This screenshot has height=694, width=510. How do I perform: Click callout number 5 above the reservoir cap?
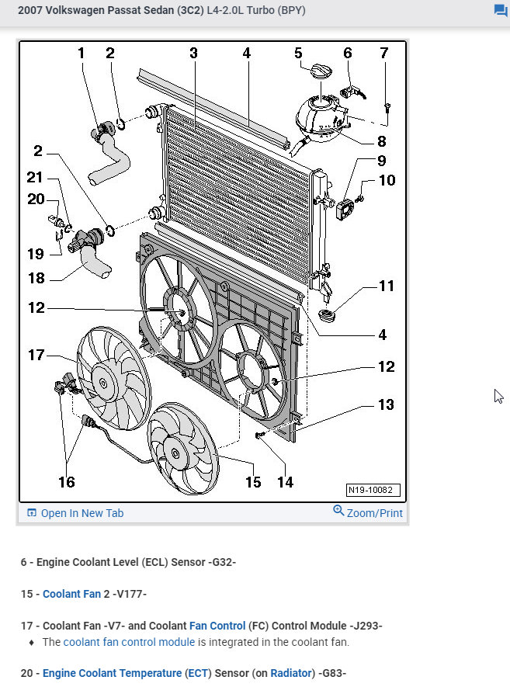tap(298, 53)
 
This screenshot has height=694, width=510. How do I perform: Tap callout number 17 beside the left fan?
tap(36, 356)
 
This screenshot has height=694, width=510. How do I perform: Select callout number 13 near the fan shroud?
tap(386, 404)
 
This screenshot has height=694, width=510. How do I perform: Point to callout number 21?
tap(35, 178)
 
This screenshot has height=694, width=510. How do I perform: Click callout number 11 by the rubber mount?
tap(386, 286)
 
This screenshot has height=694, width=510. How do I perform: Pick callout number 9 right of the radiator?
tap(381, 161)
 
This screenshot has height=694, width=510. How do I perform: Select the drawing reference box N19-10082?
tap(373, 491)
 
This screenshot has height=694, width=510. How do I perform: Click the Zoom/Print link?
tap(368, 512)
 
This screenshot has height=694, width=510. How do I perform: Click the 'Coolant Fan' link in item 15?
tap(71, 594)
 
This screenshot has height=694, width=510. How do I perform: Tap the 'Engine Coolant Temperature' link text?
tap(126, 672)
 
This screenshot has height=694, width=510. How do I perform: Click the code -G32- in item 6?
tap(223, 561)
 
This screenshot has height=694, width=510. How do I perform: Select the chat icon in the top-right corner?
tap(501, 11)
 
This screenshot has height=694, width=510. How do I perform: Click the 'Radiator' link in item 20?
tap(290, 672)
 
